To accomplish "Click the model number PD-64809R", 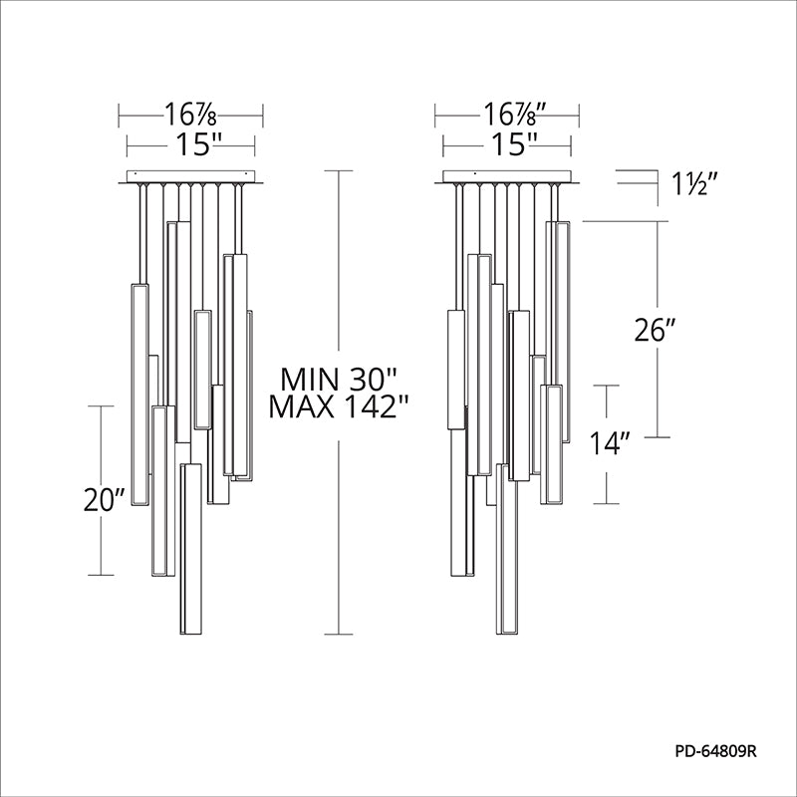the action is pos(715,751).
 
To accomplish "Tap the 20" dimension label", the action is pos(105,500).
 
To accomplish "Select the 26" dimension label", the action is pos(656,331).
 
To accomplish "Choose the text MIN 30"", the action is pos(338,380).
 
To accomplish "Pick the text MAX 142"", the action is pos(339,406).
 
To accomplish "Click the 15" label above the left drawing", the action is pos(198,144).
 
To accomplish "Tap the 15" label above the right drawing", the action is pos(514,144).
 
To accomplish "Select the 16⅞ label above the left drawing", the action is pos(190,115).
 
